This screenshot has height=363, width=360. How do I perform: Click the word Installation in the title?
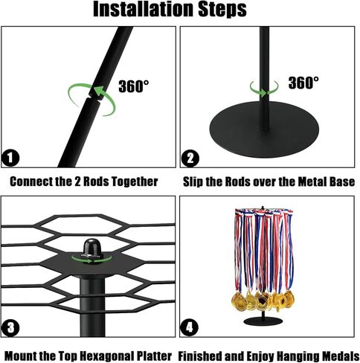(143, 9)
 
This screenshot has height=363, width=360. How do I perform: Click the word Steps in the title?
(222, 10)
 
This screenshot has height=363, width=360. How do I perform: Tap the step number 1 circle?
(10, 158)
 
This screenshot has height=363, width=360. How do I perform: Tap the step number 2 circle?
(190, 158)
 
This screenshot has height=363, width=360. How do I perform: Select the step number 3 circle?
(10, 328)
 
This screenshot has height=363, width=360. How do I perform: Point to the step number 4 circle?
(189, 328)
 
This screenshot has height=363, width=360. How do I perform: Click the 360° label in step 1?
(134, 86)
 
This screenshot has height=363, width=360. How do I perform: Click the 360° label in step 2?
(303, 83)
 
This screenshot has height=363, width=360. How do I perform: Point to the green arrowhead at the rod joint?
(99, 91)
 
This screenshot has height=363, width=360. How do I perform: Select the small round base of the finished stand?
(263, 321)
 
